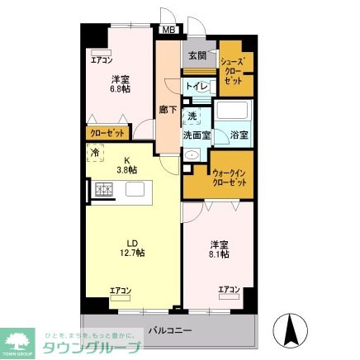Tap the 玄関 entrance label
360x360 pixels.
[x=197, y=56]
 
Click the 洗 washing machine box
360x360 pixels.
[x=192, y=116]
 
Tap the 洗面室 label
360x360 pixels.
[x=197, y=133]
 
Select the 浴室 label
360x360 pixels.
[x=239, y=133]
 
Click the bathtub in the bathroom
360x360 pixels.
[x=235, y=111]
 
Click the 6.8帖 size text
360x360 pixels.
[x=120, y=90]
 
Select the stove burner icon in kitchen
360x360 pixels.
[x=103, y=192]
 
